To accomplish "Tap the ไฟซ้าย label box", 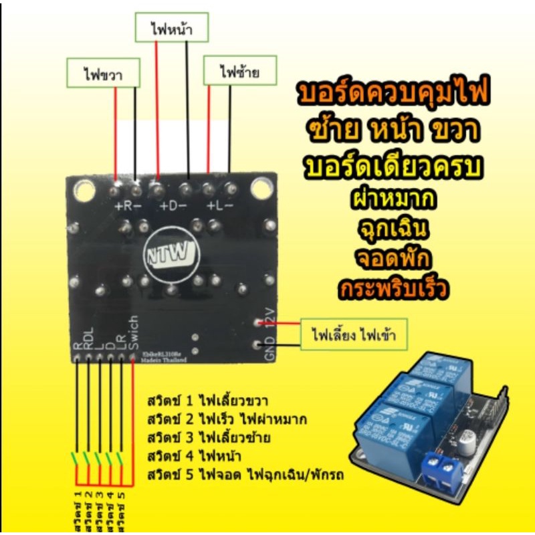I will [x=239, y=72].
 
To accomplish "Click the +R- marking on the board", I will [x=128, y=206].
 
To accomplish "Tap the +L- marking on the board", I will [x=219, y=206].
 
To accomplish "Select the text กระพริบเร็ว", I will [x=393, y=290].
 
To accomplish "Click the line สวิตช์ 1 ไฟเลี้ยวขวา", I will [x=207, y=402].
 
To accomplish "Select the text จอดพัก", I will [x=393, y=259].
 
